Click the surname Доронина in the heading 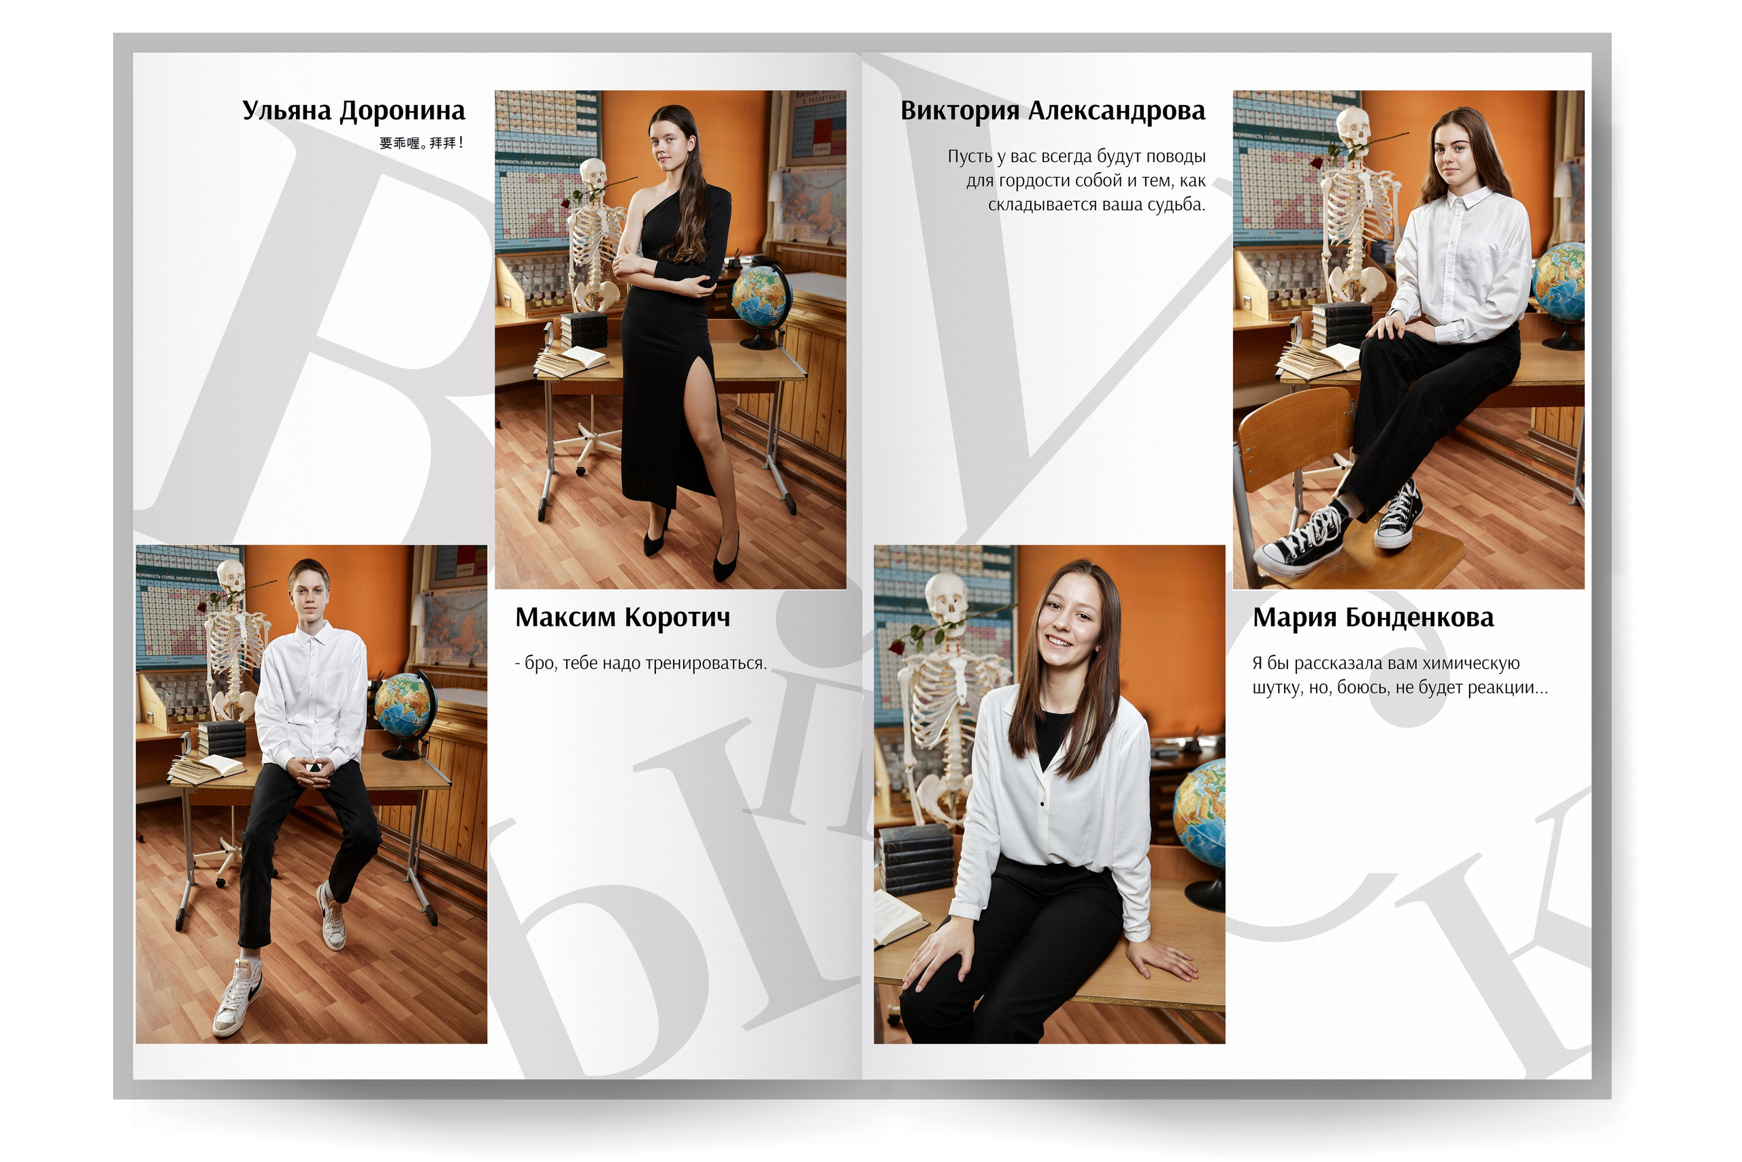click(x=402, y=111)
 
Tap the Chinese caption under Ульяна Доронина click(x=421, y=143)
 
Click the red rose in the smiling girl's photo click(x=898, y=646)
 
